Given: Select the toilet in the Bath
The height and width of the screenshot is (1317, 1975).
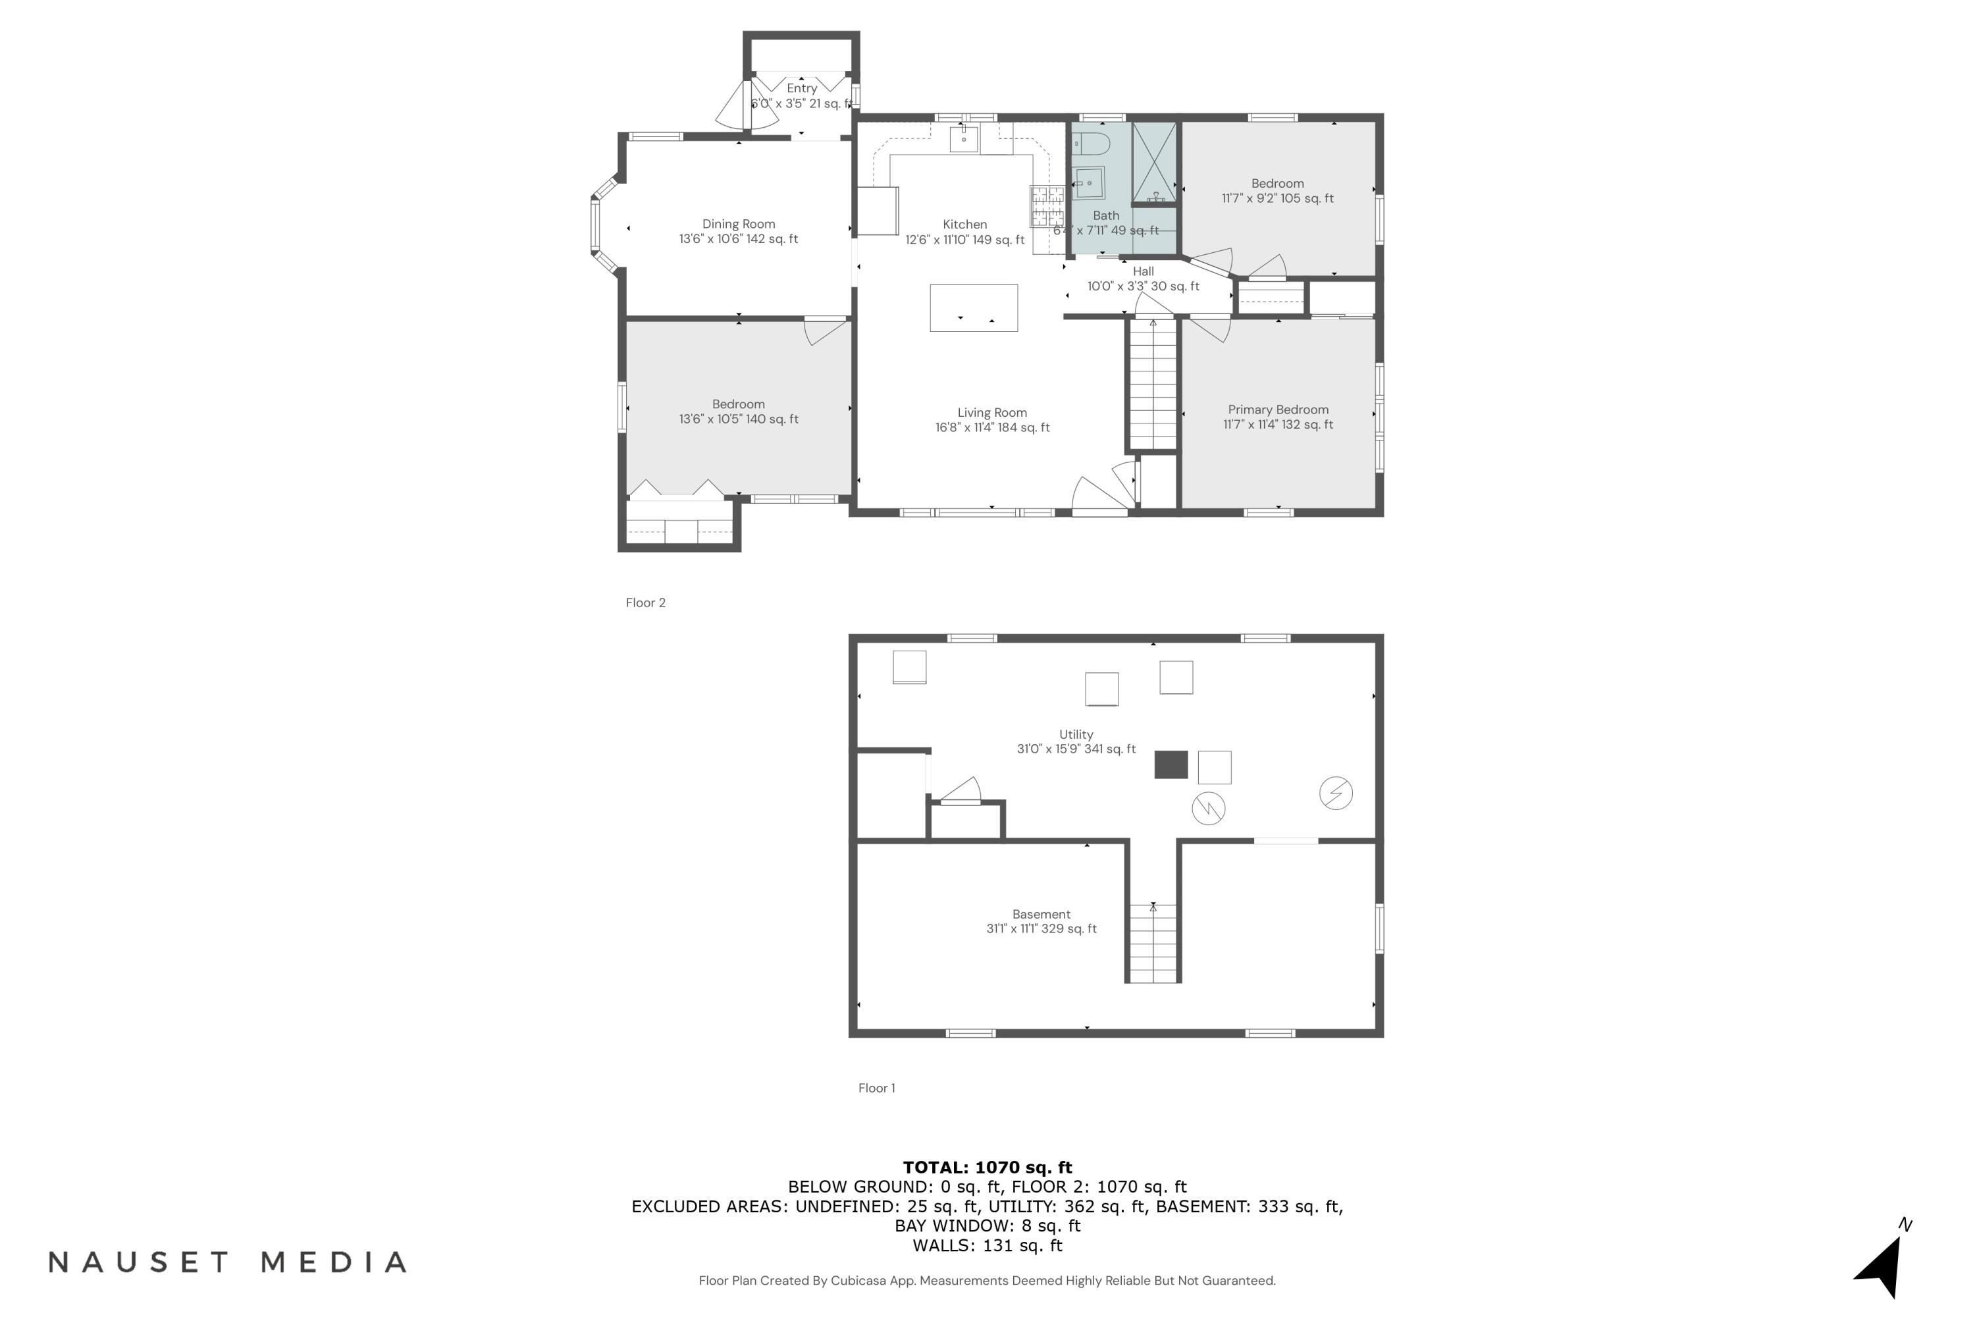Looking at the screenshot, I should click(1092, 144).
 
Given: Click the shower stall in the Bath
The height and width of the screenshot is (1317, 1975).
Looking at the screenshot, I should click(1154, 162).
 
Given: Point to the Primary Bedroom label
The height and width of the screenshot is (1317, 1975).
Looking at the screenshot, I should click(1278, 410).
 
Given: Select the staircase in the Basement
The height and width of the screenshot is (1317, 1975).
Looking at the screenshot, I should click(1153, 942).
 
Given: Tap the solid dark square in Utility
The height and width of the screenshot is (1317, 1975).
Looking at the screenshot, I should click(1171, 765).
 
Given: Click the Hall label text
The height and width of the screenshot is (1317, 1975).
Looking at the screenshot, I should click(1143, 271).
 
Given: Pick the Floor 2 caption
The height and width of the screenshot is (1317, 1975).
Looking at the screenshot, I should click(645, 603).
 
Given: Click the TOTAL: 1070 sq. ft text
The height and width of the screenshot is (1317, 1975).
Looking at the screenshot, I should click(987, 1167).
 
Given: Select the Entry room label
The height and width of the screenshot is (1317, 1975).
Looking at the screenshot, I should click(801, 88).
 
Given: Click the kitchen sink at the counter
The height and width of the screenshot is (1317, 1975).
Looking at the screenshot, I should click(963, 138).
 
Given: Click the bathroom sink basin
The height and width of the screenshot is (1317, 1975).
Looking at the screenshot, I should click(1089, 182).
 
